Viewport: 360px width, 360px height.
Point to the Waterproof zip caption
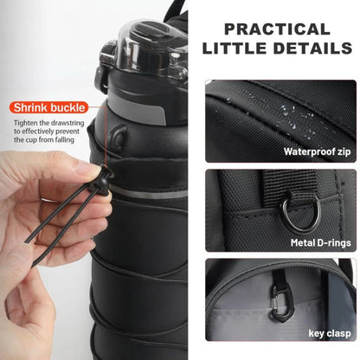(317, 151)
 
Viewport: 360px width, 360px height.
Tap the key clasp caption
(329, 331)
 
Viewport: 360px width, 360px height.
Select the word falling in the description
(71, 144)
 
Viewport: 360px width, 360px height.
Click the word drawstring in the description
(68, 122)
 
